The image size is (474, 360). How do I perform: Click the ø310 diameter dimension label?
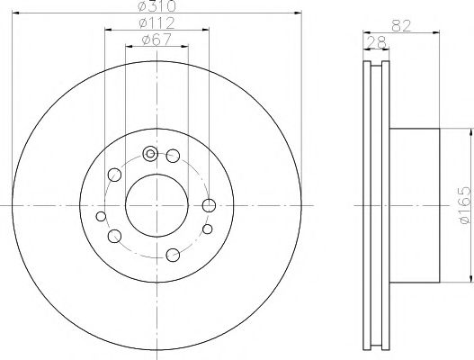(157, 5)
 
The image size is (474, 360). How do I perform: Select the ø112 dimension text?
(157, 23)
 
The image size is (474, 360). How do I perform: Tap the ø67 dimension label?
(157, 40)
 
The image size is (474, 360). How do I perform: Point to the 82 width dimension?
(401, 26)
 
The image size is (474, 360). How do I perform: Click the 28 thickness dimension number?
(376, 42)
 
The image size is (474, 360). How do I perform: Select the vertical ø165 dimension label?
(465, 205)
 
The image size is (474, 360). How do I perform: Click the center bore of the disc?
(157, 206)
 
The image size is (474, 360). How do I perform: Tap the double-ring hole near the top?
(150, 154)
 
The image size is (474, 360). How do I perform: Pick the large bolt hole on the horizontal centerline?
(209, 206)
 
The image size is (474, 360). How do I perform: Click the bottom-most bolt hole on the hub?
(173, 255)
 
